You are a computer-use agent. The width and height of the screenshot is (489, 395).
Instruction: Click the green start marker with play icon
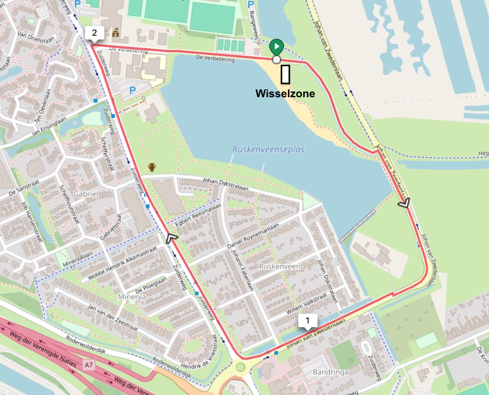point(276,47)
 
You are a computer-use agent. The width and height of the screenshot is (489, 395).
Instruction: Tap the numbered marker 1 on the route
point(307,320)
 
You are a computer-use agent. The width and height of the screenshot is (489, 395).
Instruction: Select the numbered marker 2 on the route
point(94,33)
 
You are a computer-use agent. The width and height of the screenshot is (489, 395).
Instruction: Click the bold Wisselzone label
point(285,94)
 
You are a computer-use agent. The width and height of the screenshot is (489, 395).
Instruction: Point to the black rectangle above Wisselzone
point(285,74)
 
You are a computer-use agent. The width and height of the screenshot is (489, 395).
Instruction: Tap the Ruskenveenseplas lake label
point(268,149)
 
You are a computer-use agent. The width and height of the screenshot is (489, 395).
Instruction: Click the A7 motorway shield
point(88,365)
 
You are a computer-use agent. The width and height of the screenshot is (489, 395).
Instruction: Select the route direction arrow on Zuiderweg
point(171,238)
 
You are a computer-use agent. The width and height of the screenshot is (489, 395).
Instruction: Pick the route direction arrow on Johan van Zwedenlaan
point(404,203)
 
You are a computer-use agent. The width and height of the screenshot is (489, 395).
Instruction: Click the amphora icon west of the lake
point(152,167)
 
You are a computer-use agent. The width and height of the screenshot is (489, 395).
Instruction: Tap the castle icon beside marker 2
point(116,33)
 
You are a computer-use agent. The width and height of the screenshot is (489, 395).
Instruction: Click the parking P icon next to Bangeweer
point(251,4)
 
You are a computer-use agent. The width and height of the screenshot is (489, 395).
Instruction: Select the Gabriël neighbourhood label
point(86,194)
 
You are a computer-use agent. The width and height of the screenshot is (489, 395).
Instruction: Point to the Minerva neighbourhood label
point(132,297)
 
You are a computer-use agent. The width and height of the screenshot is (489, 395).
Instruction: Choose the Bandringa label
point(331,372)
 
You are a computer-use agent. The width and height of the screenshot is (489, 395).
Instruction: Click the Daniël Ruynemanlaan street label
point(253,236)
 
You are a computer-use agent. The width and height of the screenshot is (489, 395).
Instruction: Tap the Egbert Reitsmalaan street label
point(198,215)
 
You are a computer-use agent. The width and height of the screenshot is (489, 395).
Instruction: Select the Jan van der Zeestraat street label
point(113,317)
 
